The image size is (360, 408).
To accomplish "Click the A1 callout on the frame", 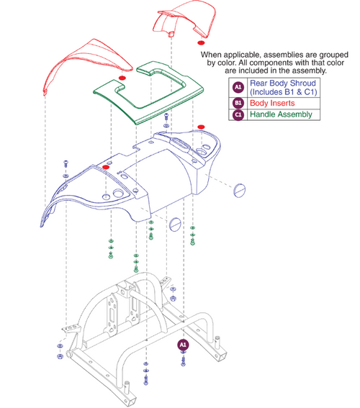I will (183, 345).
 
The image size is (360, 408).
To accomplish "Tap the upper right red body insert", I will (183, 21).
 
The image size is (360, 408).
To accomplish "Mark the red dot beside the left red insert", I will (122, 77).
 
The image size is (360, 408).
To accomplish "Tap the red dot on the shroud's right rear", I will (201, 127).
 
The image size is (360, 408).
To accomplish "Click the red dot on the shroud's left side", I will (106, 167).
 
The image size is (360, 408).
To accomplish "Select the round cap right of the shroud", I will (240, 191).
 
